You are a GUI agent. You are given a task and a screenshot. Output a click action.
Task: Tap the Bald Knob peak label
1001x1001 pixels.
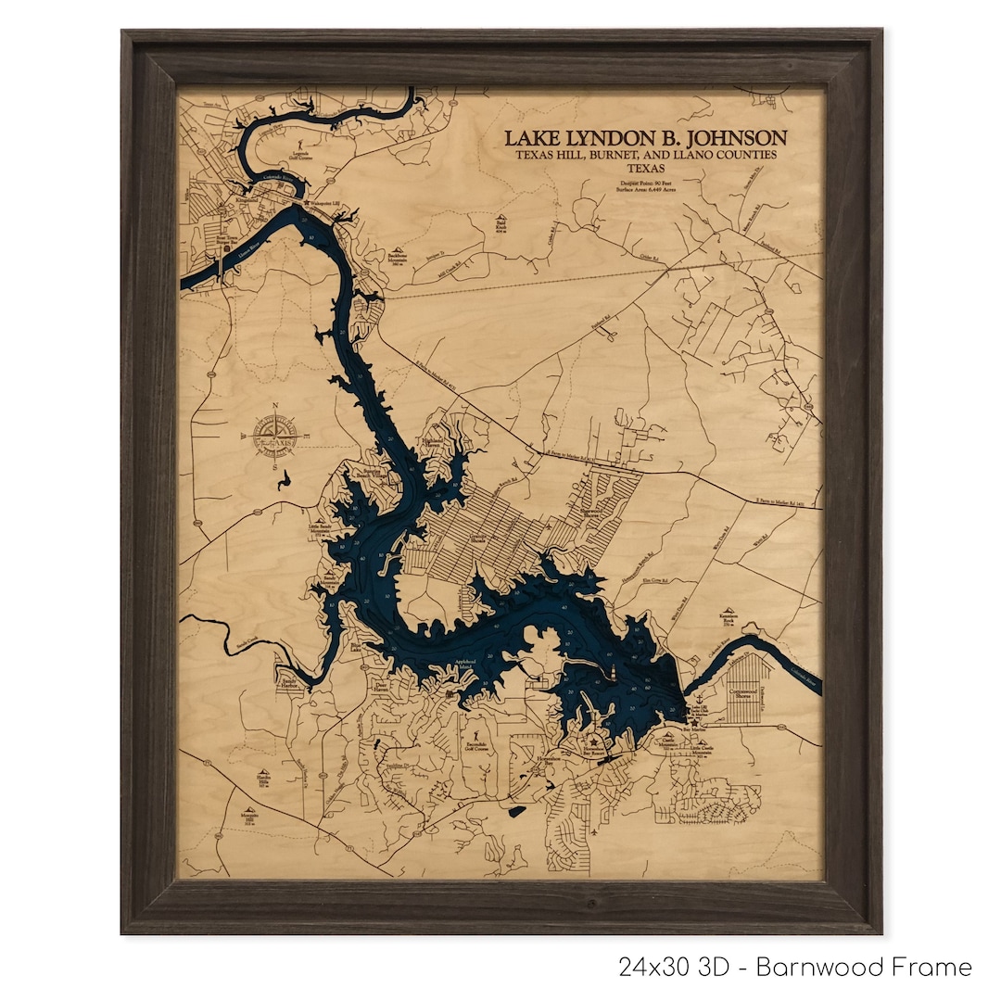click(500, 225)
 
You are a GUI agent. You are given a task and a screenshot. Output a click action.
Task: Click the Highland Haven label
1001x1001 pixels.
click(436, 443)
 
